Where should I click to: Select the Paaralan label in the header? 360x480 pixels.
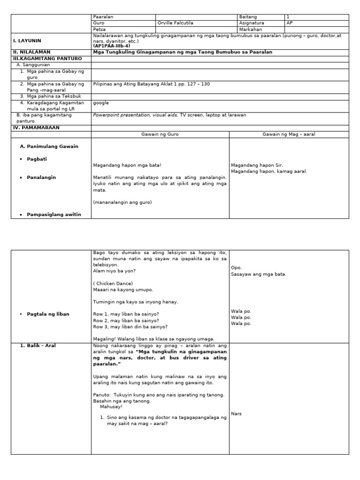(x=104, y=17)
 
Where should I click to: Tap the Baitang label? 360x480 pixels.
(x=248, y=17)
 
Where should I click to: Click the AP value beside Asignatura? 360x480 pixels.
(x=289, y=23)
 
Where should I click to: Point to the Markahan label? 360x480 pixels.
(x=251, y=29)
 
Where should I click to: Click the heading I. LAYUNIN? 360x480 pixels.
(x=27, y=41)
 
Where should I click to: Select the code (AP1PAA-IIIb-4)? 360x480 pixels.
(x=112, y=46)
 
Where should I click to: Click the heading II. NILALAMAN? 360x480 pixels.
(x=31, y=52)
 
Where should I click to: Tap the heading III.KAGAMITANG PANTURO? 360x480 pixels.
(x=47, y=59)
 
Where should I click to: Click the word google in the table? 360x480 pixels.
(x=101, y=103)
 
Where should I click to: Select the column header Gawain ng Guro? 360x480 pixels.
(x=160, y=135)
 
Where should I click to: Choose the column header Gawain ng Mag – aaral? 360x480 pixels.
(x=289, y=135)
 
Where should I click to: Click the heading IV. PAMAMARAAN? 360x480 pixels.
(x=37, y=127)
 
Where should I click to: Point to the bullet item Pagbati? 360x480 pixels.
(x=37, y=159)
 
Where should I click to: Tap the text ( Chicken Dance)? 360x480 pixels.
(x=113, y=283)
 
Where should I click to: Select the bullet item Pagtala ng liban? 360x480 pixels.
(x=48, y=314)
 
